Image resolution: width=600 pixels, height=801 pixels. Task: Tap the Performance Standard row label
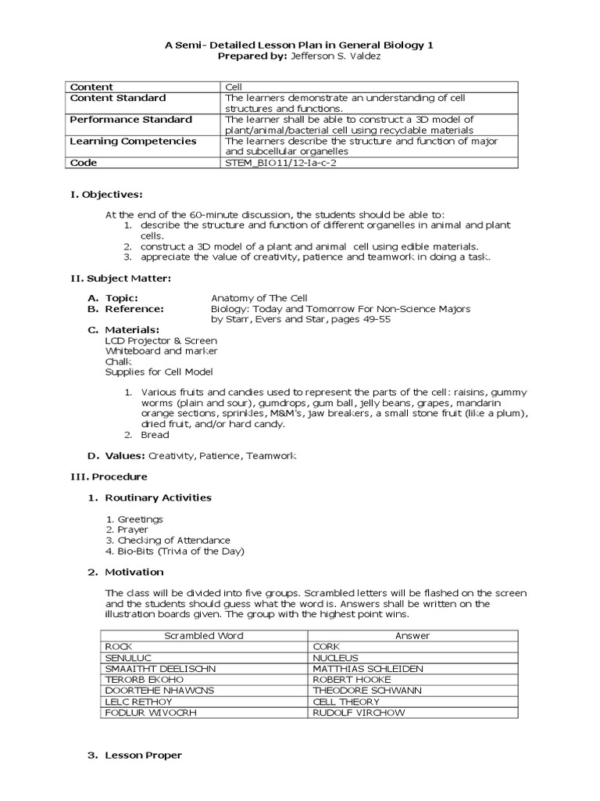pyautogui.click(x=130, y=120)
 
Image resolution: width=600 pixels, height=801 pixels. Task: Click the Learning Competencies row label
pyautogui.click(x=133, y=142)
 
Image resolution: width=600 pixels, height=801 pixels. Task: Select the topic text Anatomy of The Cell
pyautogui.click(x=259, y=298)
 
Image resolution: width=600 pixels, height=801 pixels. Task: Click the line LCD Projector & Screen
pyautogui.click(x=161, y=341)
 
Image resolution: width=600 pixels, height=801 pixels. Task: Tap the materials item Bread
pyautogui.click(x=155, y=435)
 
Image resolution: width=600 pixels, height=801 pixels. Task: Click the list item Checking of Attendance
pyautogui.click(x=173, y=541)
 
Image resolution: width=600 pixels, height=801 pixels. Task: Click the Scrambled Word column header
pyautogui.click(x=204, y=636)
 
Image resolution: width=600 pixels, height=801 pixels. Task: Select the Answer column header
pyautogui.click(x=412, y=636)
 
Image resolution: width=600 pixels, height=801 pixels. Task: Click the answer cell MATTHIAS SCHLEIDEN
pyautogui.click(x=367, y=670)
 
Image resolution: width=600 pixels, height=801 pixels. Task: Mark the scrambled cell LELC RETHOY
pyautogui.click(x=137, y=702)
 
